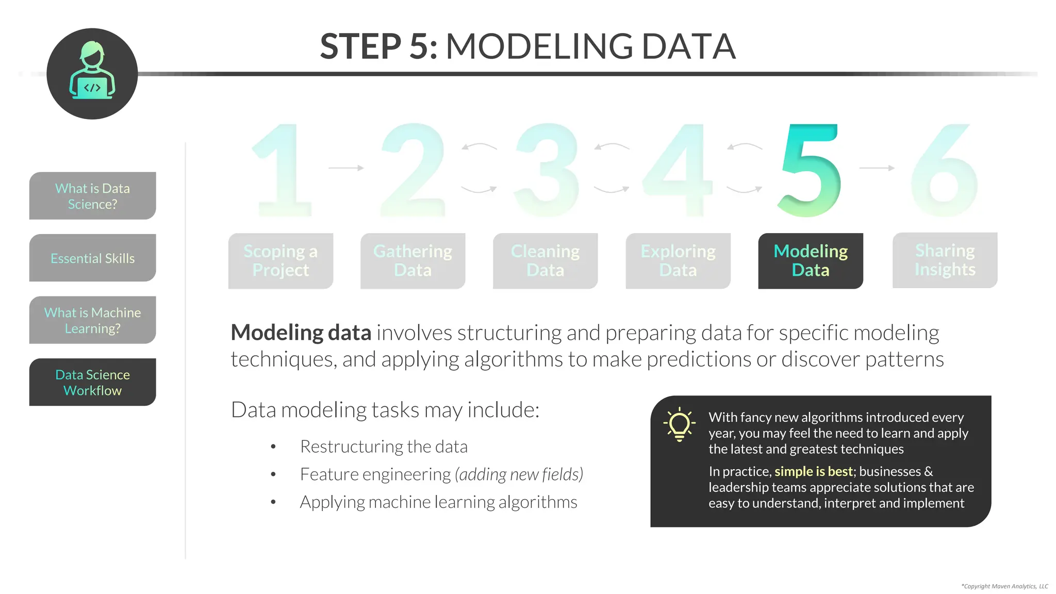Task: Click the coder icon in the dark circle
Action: coord(92,72)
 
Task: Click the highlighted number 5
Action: coord(810,170)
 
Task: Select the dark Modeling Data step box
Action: coord(811,260)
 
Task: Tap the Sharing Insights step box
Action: coord(945,260)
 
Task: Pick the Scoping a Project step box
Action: coord(280,260)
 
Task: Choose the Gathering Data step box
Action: coord(412,260)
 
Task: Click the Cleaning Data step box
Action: coord(545,260)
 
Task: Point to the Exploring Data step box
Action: coord(678,260)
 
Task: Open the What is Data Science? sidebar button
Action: coord(93,196)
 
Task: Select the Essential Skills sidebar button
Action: coord(93,258)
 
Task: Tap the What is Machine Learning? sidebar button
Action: coord(93,320)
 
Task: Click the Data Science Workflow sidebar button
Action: coord(93,382)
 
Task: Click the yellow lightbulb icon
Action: coord(679,424)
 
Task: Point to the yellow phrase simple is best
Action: coord(813,471)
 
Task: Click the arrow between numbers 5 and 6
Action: coord(877,168)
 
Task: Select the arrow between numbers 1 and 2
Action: coord(346,168)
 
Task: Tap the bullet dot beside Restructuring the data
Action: coord(273,447)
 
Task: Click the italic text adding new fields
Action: coord(519,474)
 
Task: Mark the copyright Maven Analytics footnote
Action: coord(1004,586)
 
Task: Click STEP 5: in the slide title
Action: coord(378,46)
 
